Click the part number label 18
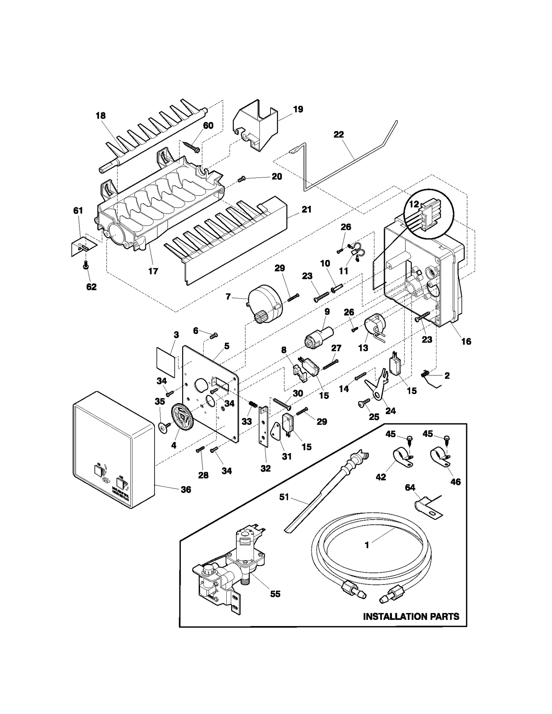(100, 115)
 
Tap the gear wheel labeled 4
(182, 418)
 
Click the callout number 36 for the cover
(186, 490)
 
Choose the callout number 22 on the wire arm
(338, 134)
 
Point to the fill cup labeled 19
(256, 126)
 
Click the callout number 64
(410, 487)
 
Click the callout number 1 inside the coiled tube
(367, 545)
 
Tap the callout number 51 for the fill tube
(284, 497)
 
